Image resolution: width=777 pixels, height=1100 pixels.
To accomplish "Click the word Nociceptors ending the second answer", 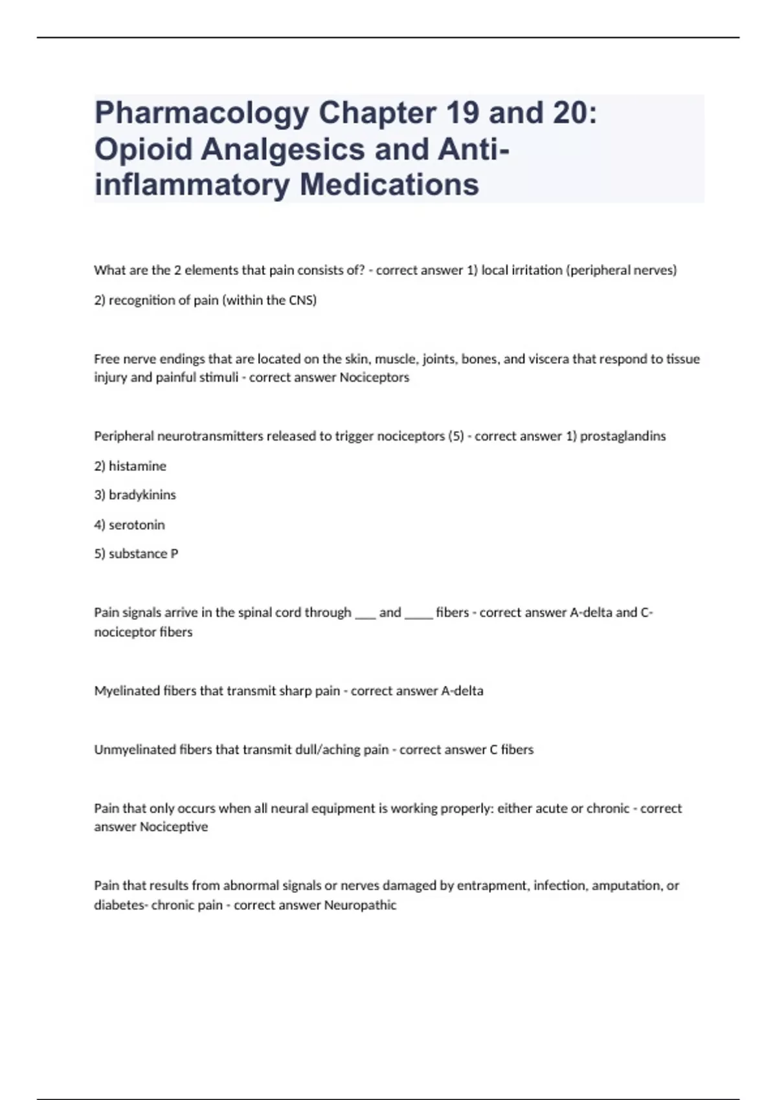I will point(374,377).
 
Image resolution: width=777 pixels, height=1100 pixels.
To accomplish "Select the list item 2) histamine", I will point(130,466).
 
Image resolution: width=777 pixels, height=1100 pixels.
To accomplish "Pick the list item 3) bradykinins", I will point(135,495).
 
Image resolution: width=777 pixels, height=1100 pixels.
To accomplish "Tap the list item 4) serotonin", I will point(129,525).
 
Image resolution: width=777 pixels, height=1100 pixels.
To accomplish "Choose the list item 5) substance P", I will point(136,554).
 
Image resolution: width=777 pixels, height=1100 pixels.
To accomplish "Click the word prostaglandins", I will point(622,436).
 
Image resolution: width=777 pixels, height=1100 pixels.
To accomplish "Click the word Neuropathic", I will point(360,905).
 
